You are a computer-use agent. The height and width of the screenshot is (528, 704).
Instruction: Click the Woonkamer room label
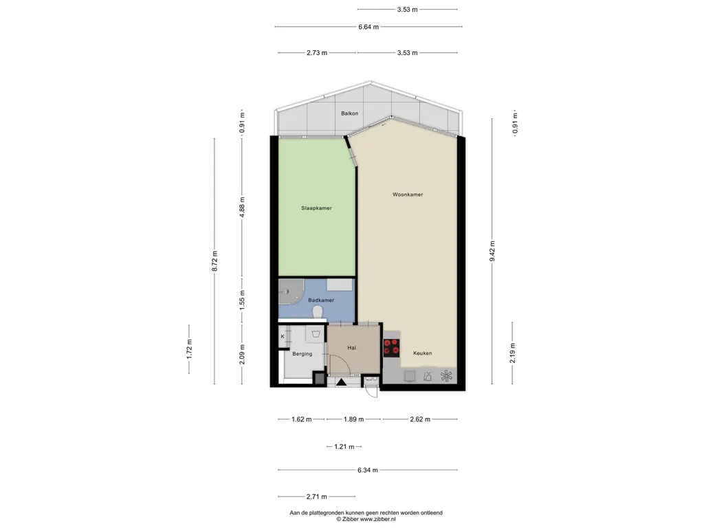pyautogui.click(x=408, y=195)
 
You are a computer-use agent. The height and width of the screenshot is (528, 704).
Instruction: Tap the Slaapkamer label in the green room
pyautogui.click(x=316, y=208)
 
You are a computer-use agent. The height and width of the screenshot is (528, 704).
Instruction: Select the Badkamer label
pyautogui.click(x=321, y=300)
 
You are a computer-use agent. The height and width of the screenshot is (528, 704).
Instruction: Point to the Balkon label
pyautogui.click(x=349, y=113)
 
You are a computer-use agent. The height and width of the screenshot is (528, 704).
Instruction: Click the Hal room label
pyautogui.click(x=351, y=347)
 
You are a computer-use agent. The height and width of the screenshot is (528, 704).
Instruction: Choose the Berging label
pyautogui.click(x=302, y=354)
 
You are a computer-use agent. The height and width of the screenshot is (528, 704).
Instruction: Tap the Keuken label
pyautogui.click(x=423, y=353)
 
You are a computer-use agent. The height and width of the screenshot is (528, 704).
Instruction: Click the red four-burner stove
pyautogui.click(x=391, y=348)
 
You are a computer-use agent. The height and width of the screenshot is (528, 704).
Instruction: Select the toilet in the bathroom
pyautogui.click(x=318, y=311)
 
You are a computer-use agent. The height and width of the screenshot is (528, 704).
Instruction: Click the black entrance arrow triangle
pyautogui.click(x=341, y=382)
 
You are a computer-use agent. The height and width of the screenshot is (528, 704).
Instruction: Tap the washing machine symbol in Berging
pyautogui.click(x=315, y=333)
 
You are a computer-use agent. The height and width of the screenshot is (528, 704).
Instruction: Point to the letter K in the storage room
pyautogui.click(x=283, y=335)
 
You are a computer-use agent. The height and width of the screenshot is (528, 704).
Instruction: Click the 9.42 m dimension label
pyautogui.click(x=492, y=252)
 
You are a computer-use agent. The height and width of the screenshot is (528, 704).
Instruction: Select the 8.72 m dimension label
pyautogui.click(x=214, y=261)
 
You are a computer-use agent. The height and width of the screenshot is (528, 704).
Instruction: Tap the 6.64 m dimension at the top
pyautogui.click(x=368, y=27)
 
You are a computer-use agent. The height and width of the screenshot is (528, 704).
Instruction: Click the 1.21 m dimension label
pyautogui.click(x=344, y=447)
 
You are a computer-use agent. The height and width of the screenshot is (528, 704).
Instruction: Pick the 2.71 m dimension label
pyautogui.click(x=316, y=496)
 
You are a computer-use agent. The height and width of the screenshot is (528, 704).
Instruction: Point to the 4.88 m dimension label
pyautogui.click(x=242, y=208)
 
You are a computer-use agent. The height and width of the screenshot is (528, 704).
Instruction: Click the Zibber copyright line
pyautogui.click(x=366, y=519)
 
